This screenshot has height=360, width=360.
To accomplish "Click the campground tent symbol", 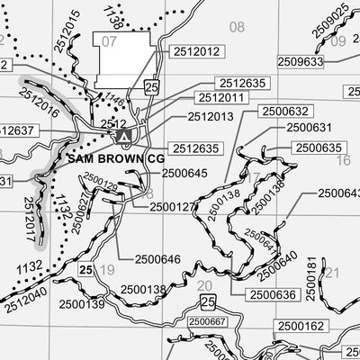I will point(124,135).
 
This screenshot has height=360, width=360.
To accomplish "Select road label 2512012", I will point(194,52).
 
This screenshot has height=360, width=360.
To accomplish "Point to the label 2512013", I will point(211,117).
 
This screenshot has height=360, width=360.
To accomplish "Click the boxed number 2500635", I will point(319,148).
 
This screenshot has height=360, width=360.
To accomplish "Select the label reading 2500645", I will point(185,173).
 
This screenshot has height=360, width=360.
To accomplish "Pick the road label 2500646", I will point(158,260).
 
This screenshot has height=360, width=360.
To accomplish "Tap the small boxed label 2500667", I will point(207,321).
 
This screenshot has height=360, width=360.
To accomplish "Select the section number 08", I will point(237,27).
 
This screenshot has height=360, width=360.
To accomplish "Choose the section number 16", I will point(343,160).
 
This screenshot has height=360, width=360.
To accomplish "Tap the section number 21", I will point(332,273).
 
